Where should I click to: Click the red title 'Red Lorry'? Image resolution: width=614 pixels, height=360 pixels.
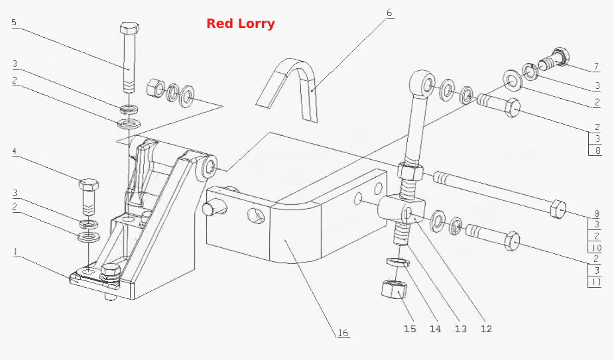[x=241, y=23]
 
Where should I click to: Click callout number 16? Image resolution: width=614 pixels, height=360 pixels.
[x=343, y=333]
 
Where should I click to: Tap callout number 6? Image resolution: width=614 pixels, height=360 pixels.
[x=389, y=13]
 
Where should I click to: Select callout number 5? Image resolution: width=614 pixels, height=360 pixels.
[x=14, y=22]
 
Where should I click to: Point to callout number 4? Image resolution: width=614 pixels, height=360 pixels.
[x=14, y=151]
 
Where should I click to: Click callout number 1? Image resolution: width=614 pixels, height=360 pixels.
[x=15, y=251]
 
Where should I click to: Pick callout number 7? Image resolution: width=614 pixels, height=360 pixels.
[x=596, y=66]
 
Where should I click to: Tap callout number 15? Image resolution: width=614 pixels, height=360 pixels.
[x=410, y=329]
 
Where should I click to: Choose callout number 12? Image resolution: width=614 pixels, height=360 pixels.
[x=486, y=329]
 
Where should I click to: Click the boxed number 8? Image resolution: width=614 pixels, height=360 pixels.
[x=597, y=150]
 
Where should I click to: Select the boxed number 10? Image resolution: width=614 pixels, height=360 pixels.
[x=596, y=247]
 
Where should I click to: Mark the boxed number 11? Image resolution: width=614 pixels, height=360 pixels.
[x=595, y=282]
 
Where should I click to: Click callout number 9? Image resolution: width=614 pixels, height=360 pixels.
[x=597, y=214]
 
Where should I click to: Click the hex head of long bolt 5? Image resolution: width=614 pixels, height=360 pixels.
[x=129, y=29]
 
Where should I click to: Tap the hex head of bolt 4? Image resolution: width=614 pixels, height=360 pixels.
[x=89, y=184]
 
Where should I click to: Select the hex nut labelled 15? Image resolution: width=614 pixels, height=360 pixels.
[x=394, y=290]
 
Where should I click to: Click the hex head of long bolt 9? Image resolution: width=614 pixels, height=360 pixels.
[x=558, y=209]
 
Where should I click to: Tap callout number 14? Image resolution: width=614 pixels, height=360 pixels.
[x=435, y=329]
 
